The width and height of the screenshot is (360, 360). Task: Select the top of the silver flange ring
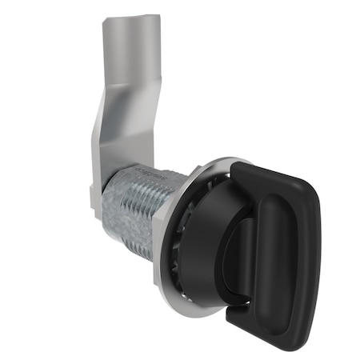(x=212, y=160)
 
